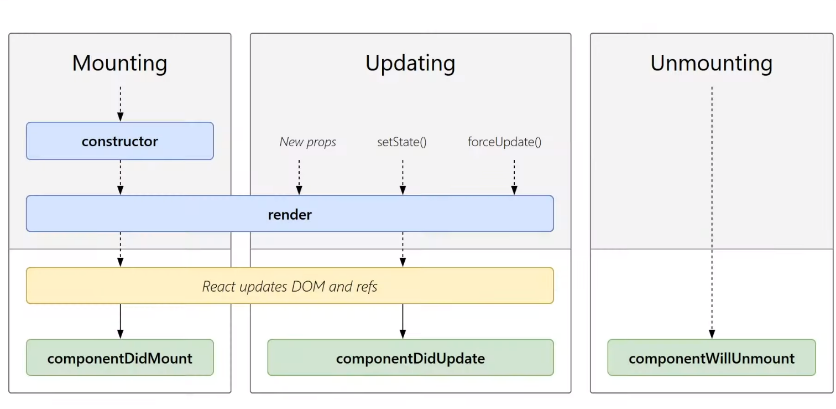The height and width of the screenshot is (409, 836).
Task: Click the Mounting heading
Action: point(119,63)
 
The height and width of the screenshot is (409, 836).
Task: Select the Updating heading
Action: point(410,63)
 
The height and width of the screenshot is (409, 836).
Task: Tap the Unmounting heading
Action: point(712,63)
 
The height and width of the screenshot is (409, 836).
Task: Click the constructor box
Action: point(120,141)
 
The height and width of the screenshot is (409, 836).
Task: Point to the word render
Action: point(290,214)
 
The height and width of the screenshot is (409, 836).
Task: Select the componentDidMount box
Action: point(120,358)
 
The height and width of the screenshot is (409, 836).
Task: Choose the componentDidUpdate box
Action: point(410,358)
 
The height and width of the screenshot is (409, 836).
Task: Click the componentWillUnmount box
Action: point(712,358)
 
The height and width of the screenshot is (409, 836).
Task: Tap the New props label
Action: point(308,142)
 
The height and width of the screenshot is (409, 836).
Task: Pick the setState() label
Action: point(402,142)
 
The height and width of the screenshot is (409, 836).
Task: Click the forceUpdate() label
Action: point(505,142)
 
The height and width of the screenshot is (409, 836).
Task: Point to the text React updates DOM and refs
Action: point(290,287)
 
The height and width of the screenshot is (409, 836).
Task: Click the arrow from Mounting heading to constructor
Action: point(120,104)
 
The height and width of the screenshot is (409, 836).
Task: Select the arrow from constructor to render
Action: point(120,178)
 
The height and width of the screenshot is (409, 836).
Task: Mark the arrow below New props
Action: point(299,178)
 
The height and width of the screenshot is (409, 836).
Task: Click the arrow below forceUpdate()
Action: point(514,178)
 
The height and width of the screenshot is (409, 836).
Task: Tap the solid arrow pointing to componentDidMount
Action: point(120,321)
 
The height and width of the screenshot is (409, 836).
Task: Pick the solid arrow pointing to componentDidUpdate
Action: point(403,321)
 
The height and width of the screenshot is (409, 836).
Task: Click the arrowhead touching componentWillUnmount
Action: point(712,334)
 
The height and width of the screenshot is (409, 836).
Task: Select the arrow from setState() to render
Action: point(403,178)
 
